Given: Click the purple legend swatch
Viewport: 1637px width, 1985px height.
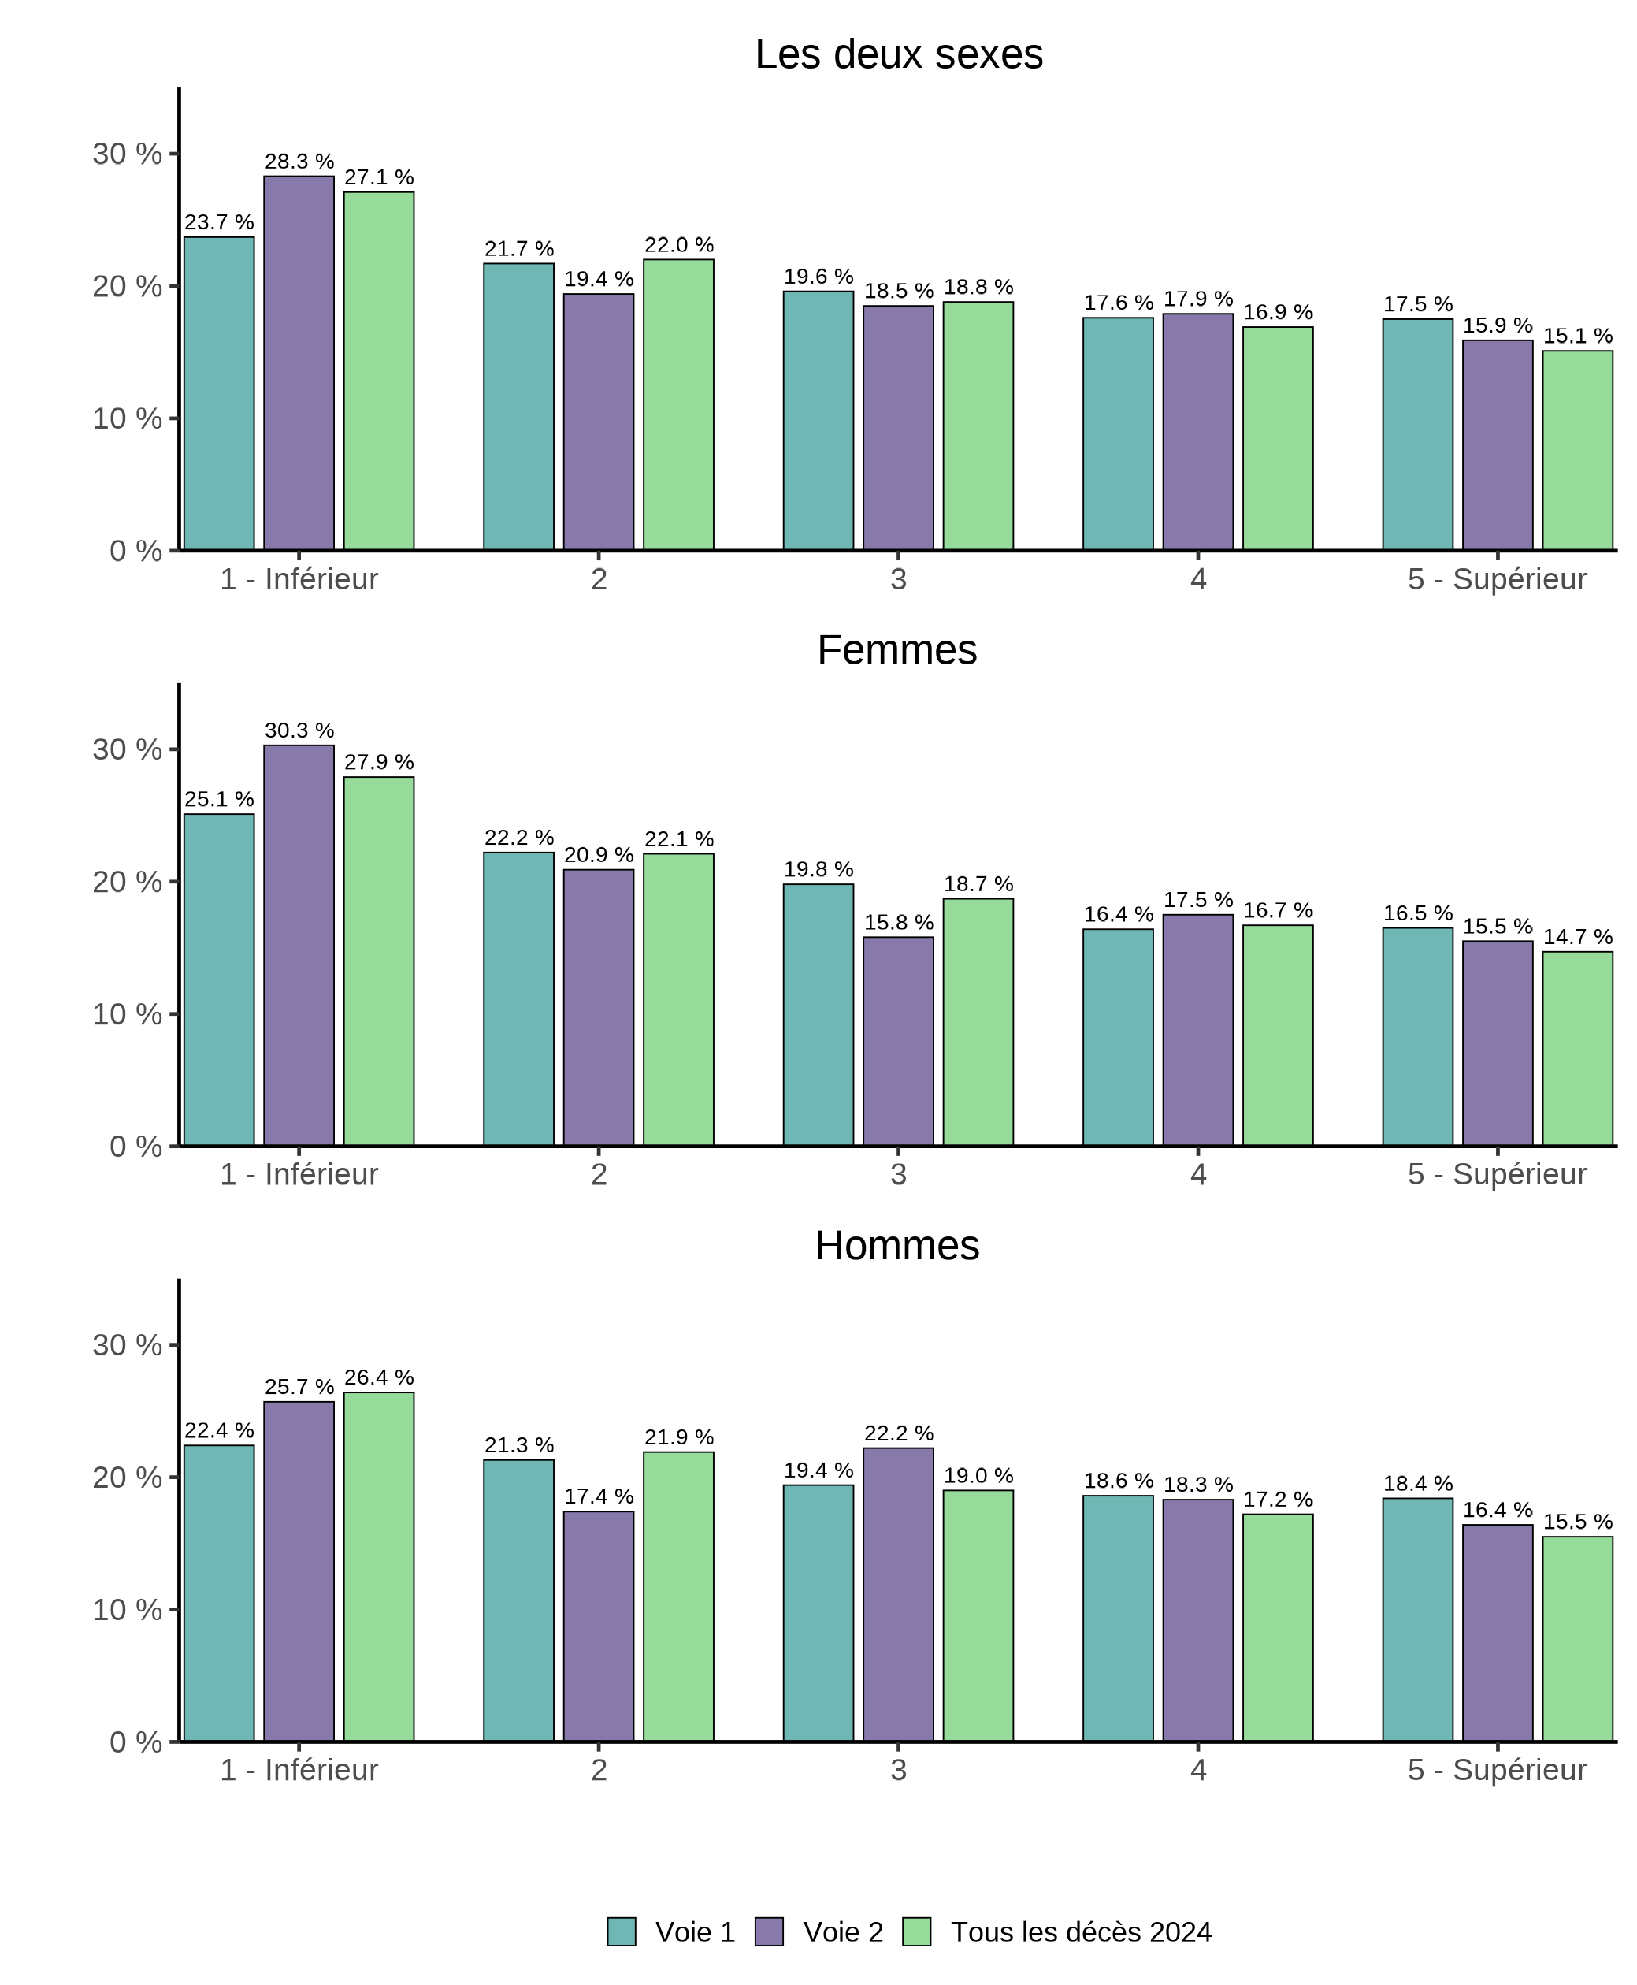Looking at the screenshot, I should click(x=769, y=1931).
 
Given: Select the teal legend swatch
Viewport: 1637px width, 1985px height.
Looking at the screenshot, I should click(x=622, y=1931).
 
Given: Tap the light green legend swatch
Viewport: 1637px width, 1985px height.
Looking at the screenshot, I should click(x=916, y=1931).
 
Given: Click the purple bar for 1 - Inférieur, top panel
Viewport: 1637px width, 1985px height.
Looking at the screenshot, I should click(x=299, y=363).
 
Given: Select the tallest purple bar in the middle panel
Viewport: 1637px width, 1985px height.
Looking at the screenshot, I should click(x=299, y=945).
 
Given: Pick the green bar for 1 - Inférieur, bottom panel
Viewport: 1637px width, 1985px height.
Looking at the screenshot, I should click(x=378, y=1567).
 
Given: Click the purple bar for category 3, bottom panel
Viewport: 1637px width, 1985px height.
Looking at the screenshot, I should click(x=898, y=1595).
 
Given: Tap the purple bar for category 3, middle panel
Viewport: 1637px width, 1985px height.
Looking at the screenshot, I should click(x=898, y=1041).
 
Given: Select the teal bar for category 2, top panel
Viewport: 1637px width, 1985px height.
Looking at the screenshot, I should click(x=518, y=407).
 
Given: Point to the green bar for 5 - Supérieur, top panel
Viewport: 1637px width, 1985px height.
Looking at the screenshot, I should click(x=1576, y=450).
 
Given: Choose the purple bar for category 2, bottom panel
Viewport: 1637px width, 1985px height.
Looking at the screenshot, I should click(x=599, y=1626).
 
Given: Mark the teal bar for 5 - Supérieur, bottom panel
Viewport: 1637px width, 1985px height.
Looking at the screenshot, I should click(x=1417, y=1619).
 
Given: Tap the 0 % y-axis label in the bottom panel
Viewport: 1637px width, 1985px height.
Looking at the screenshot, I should click(x=135, y=1742).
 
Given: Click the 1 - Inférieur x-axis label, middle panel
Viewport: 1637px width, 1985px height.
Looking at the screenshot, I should click(x=299, y=1175).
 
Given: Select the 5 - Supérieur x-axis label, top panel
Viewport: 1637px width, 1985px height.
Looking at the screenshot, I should click(x=1497, y=579).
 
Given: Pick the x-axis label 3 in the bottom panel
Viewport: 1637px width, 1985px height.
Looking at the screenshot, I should click(x=898, y=1770).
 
